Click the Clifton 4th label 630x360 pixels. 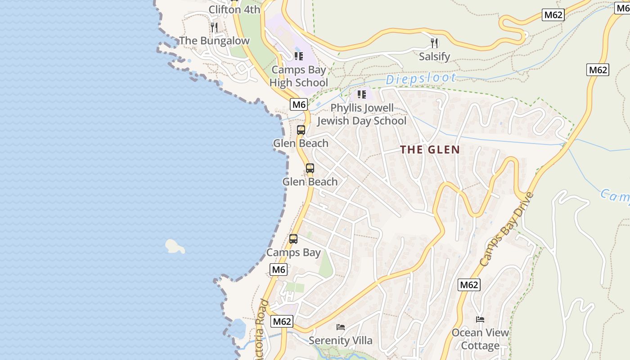click(234, 9)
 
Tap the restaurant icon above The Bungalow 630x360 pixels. click(214, 27)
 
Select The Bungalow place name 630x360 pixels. click(214, 41)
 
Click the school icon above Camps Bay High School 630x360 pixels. click(299, 56)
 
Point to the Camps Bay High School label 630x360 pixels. click(299, 76)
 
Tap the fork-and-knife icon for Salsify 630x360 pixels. click(434, 43)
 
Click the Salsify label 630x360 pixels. click(434, 57)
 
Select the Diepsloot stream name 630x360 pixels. click(421, 79)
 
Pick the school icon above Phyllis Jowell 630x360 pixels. click(362, 94)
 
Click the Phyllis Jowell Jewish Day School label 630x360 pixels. click(362, 114)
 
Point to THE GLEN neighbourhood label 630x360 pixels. click(430, 150)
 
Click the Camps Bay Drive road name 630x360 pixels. click(506, 229)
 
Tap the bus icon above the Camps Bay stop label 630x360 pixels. click(293, 239)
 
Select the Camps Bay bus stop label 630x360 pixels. click(293, 252)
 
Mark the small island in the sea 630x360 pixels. click(175, 246)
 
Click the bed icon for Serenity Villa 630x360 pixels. click(341, 327)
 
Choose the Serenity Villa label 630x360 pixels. click(341, 341)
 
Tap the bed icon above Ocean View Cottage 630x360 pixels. click(480, 319)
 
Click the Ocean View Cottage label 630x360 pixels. click(480, 339)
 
